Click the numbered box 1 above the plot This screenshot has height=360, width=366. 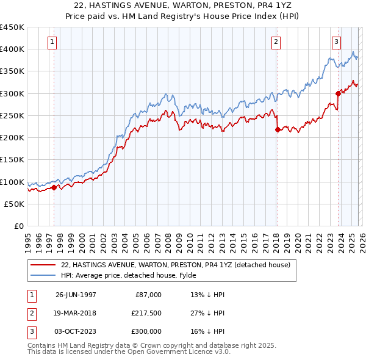click(53, 42)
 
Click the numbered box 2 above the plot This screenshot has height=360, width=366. click(276, 42)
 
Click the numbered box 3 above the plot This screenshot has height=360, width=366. click(336, 42)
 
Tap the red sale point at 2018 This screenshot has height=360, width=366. click(278, 129)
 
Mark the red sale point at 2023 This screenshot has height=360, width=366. click(337, 93)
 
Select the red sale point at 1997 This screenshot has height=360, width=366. click(54, 187)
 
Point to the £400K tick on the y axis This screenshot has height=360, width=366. click(12, 49)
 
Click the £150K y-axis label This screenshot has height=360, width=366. click(12, 160)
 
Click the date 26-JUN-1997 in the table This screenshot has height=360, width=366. click(76, 295)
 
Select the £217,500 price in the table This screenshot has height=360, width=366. click(145, 313)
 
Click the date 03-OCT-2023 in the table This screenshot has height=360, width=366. click(76, 331)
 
